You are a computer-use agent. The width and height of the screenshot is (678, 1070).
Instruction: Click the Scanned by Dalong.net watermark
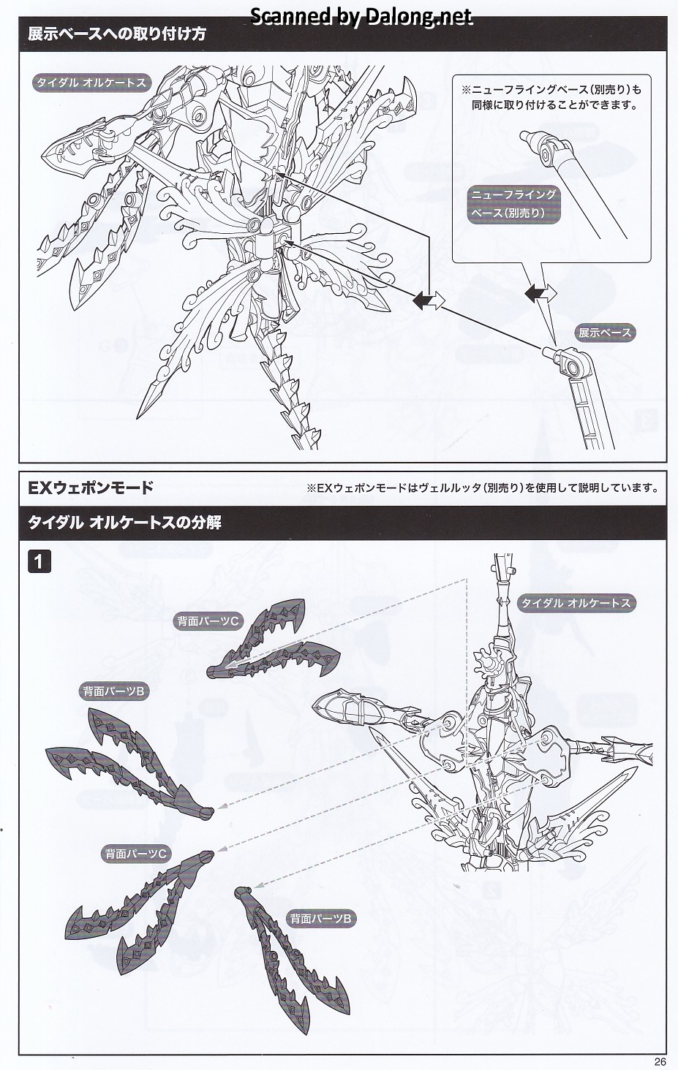(x=361, y=16)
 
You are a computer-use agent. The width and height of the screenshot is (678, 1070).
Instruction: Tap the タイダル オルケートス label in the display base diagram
(x=91, y=83)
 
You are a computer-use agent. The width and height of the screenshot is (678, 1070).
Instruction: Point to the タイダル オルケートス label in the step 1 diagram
(x=575, y=603)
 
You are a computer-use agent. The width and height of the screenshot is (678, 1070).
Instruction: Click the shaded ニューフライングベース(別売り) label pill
(x=513, y=204)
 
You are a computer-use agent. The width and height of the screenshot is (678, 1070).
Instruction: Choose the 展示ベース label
(x=604, y=333)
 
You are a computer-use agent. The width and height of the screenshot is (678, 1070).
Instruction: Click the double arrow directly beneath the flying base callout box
(x=540, y=294)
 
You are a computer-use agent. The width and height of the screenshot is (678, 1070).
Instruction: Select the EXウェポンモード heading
(x=91, y=487)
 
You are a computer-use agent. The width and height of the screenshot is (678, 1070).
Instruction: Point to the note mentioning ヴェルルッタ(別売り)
(x=482, y=488)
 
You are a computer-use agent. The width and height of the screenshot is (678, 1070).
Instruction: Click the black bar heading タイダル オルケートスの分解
(x=124, y=523)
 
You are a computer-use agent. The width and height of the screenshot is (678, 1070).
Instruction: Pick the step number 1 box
(x=39, y=561)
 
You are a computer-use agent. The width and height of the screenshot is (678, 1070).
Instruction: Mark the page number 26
(x=660, y=1062)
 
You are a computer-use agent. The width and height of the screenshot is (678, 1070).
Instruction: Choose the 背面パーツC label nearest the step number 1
(x=207, y=621)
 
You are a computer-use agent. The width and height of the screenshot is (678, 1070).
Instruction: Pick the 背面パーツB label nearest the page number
(x=322, y=919)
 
